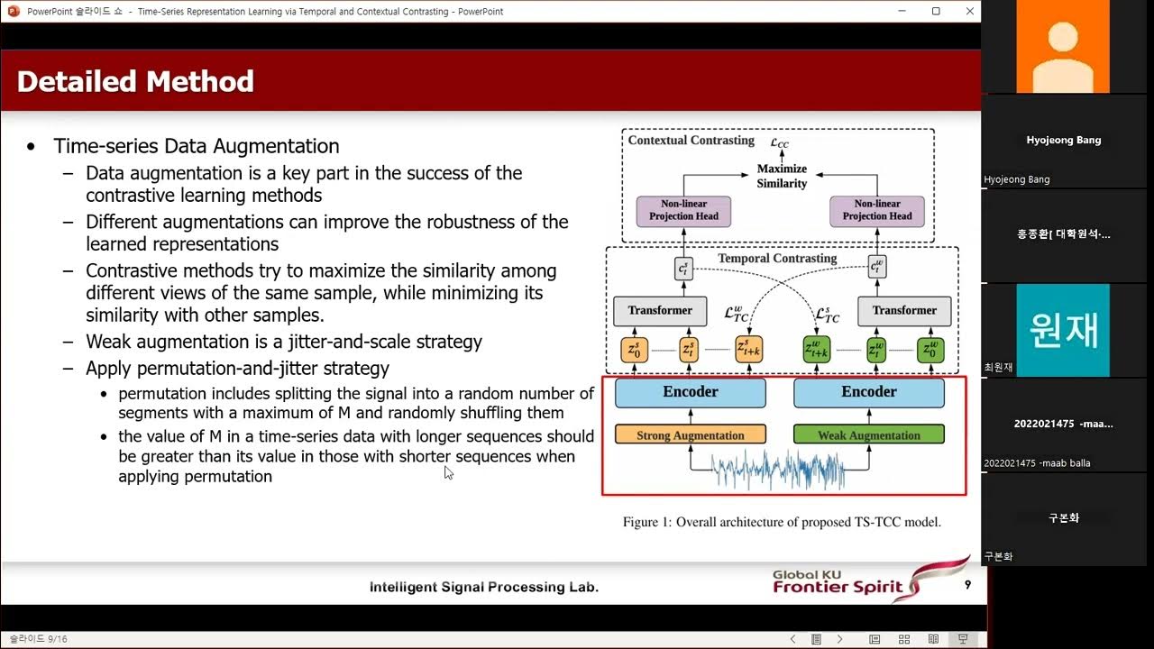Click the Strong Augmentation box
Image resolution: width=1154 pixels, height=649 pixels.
coord(690,435)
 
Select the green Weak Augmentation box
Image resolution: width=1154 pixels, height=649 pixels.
coord(868,435)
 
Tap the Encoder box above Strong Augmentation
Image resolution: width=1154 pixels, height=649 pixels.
coord(690,392)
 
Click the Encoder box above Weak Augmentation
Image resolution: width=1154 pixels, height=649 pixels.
coord(868,392)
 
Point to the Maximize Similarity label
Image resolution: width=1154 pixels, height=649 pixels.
coord(782,176)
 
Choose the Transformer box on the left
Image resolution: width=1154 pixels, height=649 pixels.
coord(660,311)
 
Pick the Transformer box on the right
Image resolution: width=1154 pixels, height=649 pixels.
coord(904,311)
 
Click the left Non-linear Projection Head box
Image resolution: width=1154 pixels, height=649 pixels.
coord(683,210)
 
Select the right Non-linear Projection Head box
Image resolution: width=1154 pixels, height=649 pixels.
coord(876,210)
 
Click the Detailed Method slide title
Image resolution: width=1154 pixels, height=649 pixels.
coord(135,82)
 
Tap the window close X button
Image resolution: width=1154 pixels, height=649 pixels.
coord(969,11)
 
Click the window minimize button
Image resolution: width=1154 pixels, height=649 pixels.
coord(903,11)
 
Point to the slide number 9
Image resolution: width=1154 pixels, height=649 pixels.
coord(967,585)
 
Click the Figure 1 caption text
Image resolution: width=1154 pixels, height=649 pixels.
coord(782,522)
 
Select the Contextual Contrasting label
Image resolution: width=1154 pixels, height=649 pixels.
coord(691,141)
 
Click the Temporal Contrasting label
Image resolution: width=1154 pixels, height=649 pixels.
coord(777,259)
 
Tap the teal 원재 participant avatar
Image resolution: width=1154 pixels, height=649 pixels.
coord(1063,330)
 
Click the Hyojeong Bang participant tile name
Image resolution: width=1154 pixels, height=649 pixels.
coord(1063,141)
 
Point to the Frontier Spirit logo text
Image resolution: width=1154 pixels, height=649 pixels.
coord(837,588)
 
